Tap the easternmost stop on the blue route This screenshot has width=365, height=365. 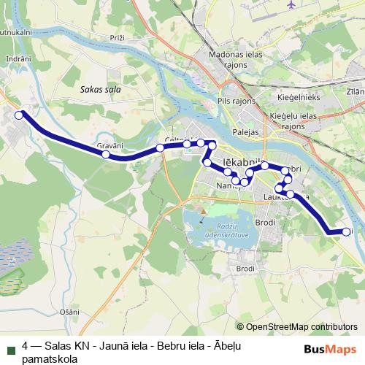click(346, 232)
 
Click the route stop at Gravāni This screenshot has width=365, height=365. click(106, 155)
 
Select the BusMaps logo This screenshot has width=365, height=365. click(330, 349)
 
